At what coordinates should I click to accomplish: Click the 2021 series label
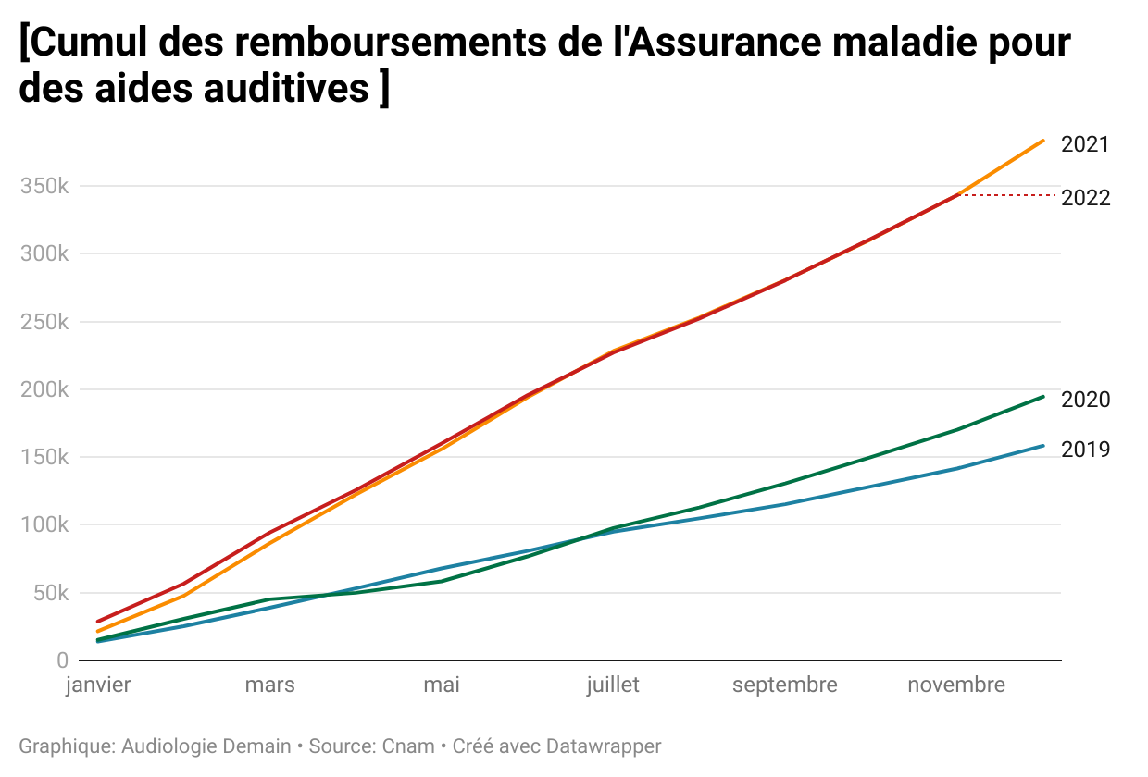click(1084, 145)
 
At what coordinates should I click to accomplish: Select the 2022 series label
click(1085, 198)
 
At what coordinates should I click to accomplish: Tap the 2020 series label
click(1085, 400)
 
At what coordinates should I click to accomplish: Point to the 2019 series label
click(1085, 450)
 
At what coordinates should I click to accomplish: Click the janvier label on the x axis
click(98, 685)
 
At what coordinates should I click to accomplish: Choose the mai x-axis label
click(442, 685)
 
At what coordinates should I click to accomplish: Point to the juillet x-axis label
click(613, 685)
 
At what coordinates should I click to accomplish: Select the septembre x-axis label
click(784, 685)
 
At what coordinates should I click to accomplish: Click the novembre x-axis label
click(955, 685)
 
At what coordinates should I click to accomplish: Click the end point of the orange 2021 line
click(1043, 141)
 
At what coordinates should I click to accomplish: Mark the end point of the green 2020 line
click(1043, 397)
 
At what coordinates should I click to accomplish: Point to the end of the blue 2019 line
click(1043, 446)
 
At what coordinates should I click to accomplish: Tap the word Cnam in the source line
click(408, 746)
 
